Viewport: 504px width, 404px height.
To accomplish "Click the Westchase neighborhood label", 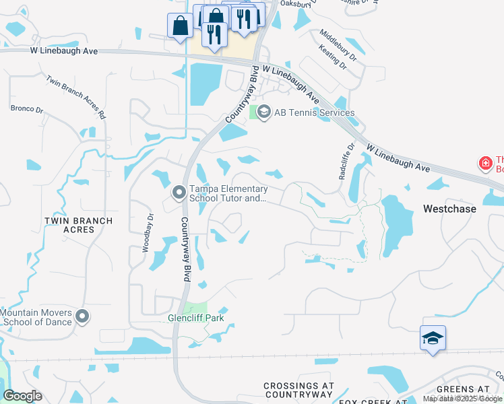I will (x=449, y=209).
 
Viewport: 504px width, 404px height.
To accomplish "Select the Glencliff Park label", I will (x=195, y=318).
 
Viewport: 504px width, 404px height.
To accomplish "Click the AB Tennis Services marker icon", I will (x=264, y=112).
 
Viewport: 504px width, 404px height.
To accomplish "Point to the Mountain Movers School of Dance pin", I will (x=82, y=316).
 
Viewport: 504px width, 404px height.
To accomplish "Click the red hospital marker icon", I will (x=484, y=164).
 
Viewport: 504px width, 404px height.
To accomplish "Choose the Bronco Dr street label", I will (x=27, y=108).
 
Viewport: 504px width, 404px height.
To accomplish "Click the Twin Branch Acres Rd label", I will (x=77, y=97).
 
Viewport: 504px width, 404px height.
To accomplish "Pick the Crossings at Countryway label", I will (x=298, y=390).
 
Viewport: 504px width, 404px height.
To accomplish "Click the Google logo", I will (x=23, y=396).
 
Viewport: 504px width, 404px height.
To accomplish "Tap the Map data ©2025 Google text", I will (x=462, y=399).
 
